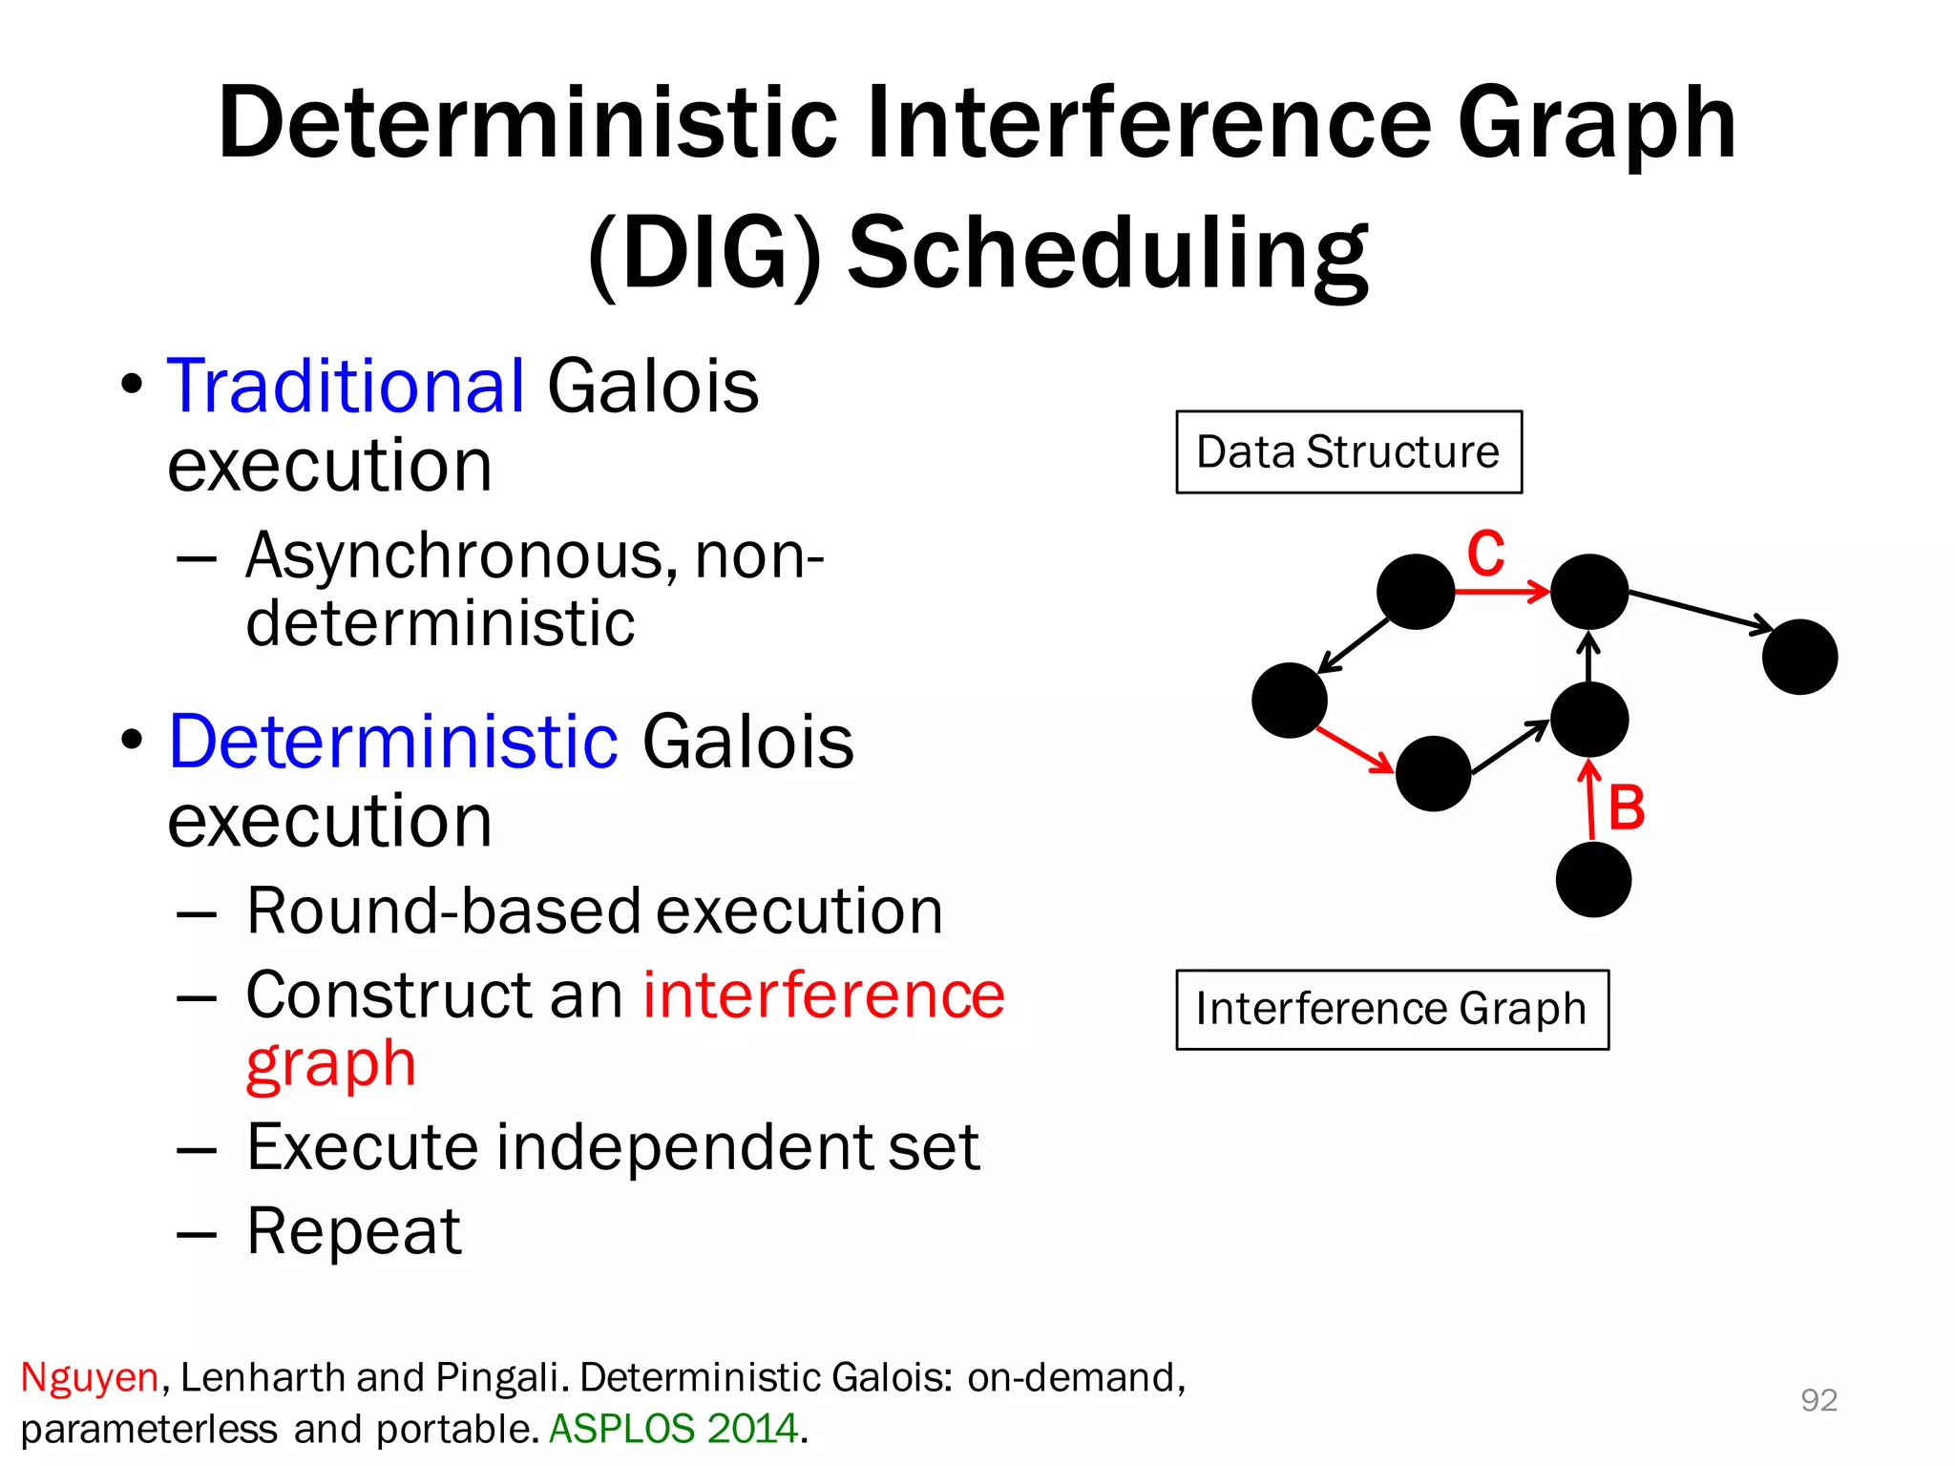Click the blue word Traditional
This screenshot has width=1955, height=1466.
click(x=346, y=387)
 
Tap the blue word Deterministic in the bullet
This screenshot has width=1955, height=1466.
click(x=393, y=742)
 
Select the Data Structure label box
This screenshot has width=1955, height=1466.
click(x=1348, y=452)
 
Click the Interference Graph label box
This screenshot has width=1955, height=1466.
click(x=1391, y=1010)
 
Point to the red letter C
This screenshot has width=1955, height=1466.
click(x=1485, y=554)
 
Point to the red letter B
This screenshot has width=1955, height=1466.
click(x=1627, y=808)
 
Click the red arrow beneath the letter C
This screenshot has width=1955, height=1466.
click(x=1501, y=592)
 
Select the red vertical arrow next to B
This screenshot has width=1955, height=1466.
click(x=1590, y=800)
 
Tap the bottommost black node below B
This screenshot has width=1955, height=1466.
click(x=1593, y=879)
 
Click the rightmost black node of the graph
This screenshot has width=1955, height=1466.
click(x=1799, y=657)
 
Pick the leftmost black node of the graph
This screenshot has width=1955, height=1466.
click(x=1289, y=701)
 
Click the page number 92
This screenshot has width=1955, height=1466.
click(x=1818, y=1400)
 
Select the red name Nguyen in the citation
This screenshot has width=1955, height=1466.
click(x=89, y=1377)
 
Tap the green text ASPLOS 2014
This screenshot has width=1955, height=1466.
click(x=673, y=1429)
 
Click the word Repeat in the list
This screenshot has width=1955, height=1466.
click(x=353, y=1231)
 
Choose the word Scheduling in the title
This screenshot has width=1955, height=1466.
click(x=1107, y=253)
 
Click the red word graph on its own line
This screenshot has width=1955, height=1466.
click(x=330, y=1064)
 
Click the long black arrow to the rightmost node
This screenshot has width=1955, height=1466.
click(x=1699, y=611)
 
